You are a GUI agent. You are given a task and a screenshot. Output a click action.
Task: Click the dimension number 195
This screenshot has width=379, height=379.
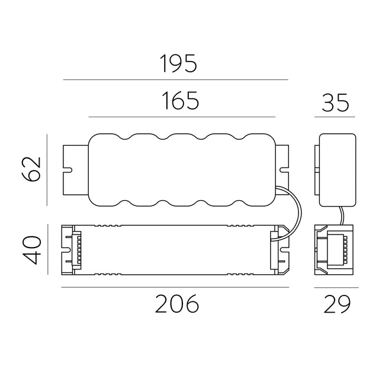[x=179, y=63]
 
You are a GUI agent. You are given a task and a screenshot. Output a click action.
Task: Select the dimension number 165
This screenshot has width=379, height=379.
[x=181, y=100]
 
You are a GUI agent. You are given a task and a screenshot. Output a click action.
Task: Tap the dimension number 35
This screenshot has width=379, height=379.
[x=336, y=102]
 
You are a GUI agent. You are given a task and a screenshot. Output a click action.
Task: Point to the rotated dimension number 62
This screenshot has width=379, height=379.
[x=31, y=169]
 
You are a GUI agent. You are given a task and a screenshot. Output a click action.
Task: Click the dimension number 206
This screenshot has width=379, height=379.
[x=177, y=304]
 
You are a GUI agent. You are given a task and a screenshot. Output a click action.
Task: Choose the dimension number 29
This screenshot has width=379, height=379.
[x=337, y=304]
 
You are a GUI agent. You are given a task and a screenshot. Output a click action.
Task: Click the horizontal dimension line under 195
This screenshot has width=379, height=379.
[x=176, y=79]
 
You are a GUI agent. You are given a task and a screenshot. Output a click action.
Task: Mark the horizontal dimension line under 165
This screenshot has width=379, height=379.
[x=182, y=117]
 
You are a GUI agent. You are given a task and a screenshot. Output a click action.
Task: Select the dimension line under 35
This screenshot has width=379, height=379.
[x=335, y=117]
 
